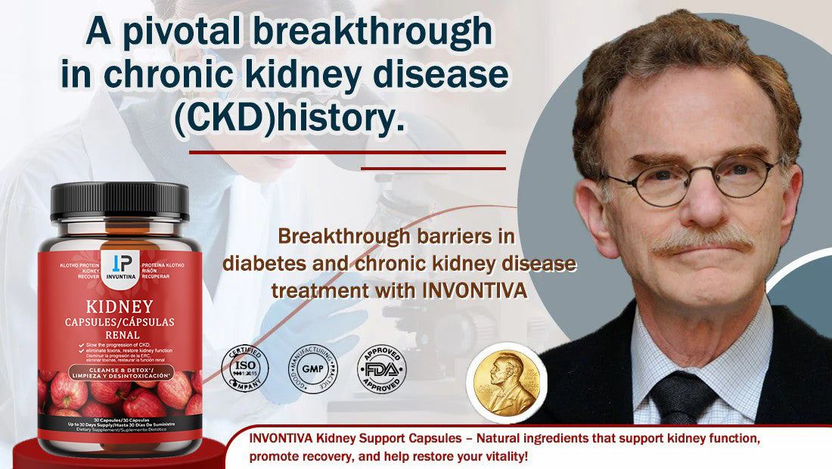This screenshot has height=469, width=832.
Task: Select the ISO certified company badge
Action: coord(244,368)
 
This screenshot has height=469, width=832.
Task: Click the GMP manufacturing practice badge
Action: coord(312,368)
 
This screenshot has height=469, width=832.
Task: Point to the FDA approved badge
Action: coord(381,368)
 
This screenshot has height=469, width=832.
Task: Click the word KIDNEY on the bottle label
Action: coord(120,307)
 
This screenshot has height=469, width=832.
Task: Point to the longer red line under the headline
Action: coord(346,152)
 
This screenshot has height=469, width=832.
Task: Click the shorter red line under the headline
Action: coord(433,168)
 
